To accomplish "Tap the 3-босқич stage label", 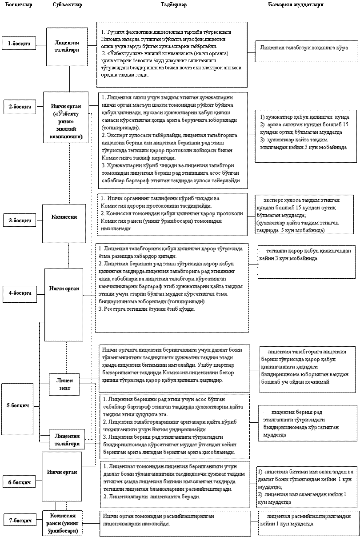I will [x=20, y=220].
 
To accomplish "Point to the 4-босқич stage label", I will [x=20, y=293].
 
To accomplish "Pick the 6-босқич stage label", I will [x=20, y=481].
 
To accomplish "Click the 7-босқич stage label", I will [x=20, y=520].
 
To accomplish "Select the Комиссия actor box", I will [x=64, y=217].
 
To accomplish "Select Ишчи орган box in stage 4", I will [x=64, y=289].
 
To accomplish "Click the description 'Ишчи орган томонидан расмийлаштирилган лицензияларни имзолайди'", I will [x=159, y=520].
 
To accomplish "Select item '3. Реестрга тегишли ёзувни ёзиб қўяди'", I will [x=147, y=309].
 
